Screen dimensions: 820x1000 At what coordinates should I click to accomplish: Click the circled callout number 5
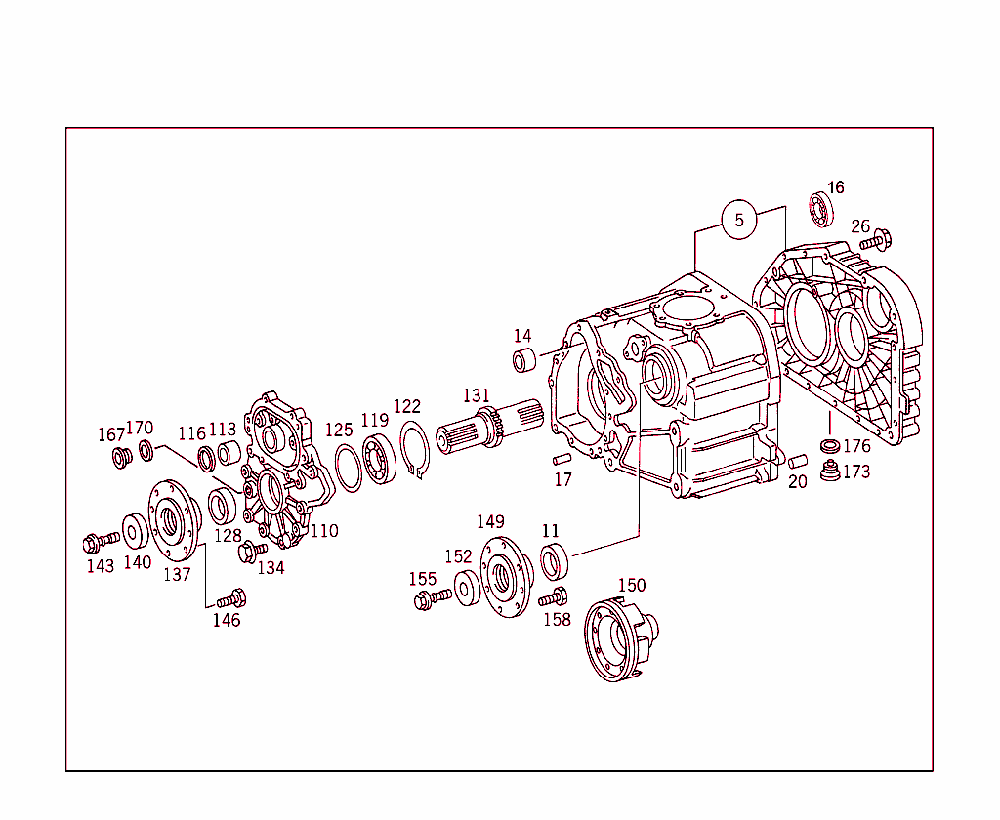(739, 221)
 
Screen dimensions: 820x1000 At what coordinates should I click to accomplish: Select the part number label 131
(477, 395)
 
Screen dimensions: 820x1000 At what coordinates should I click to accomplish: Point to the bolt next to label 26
(876, 239)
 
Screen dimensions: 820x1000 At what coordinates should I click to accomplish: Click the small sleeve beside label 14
(524, 360)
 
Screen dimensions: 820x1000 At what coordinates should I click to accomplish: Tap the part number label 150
(632, 585)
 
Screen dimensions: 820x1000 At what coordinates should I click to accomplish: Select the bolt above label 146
(231, 598)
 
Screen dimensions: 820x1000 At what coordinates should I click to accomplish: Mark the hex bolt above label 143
(100, 539)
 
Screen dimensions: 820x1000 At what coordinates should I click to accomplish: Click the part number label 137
(177, 575)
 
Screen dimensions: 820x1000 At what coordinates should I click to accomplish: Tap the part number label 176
(856, 447)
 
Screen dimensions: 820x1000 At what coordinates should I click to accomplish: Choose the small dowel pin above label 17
(562, 460)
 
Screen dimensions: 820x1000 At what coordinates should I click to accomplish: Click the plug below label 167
(123, 457)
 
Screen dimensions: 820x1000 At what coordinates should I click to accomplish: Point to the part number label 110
(324, 531)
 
